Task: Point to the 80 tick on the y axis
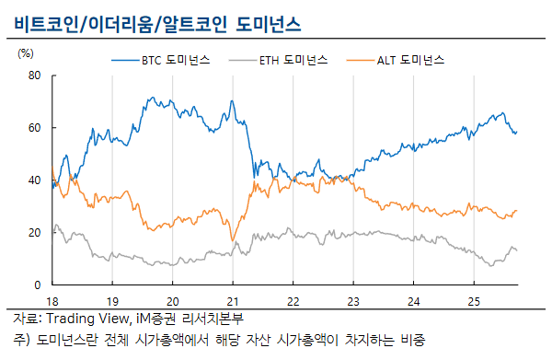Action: pos(34,75)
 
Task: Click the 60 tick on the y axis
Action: pos(34,128)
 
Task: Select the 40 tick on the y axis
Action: pos(34,180)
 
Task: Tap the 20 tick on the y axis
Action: pos(34,233)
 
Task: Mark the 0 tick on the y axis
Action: pos(37,285)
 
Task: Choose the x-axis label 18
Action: pos(53,301)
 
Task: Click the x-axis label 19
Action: pos(113,301)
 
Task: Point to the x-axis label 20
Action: pos(173,301)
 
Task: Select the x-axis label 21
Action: pos(233,301)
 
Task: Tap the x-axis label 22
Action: pos(293,301)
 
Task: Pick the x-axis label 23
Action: pos(352,301)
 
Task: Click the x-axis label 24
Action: pos(412,301)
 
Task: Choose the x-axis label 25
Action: pos(472,301)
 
